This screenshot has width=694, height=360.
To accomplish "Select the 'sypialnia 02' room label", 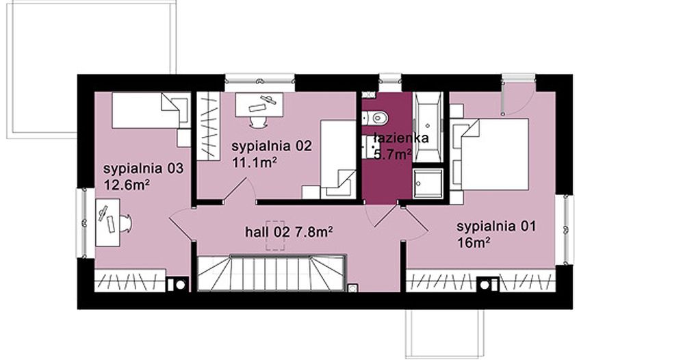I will coord(272,146).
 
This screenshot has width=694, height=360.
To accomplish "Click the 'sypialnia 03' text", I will coord(143,168).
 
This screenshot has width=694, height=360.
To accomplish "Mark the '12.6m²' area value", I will coord(127,184).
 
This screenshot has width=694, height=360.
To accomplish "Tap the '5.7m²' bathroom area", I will coord(392,154).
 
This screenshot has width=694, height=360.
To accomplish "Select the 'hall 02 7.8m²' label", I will coord(289,233).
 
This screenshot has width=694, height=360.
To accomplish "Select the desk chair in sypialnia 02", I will coord(258,121).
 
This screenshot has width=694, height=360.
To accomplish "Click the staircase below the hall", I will coord(272,272).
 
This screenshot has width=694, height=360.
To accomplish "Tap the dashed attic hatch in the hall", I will coord(276,235).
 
